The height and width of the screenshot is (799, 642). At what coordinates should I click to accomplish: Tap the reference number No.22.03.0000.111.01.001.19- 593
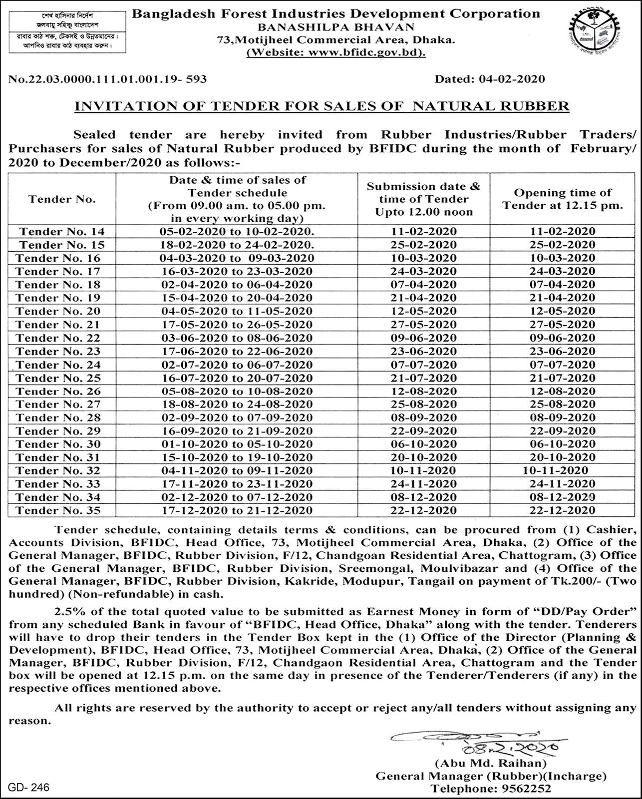click(x=108, y=79)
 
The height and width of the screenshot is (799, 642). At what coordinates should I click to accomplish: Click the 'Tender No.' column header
click(x=62, y=199)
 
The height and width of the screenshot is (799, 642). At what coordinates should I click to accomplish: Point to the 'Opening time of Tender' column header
click(x=563, y=199)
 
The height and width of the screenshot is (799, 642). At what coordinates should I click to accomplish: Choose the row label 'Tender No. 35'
click(x=58, y=510)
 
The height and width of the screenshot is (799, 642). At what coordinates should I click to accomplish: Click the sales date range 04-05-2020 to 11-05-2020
click(x=236, y=311)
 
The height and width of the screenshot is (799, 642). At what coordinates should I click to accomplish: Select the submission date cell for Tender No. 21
click(x=423, y=325)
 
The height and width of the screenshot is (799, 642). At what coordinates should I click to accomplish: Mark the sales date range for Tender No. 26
click(x=236, y=391)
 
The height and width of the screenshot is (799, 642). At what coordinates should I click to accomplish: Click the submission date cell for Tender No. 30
click(x=423, y=444)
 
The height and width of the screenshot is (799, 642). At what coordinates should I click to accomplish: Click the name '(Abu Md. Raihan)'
click(x=490, y=764)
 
